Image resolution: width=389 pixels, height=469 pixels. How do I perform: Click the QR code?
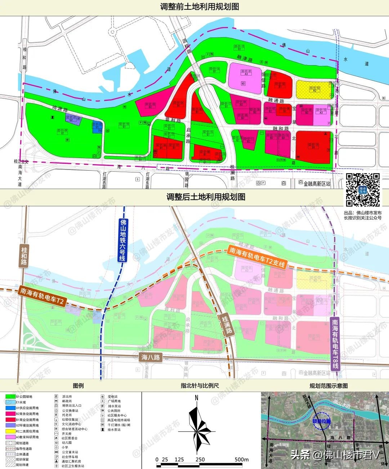pos(363,189)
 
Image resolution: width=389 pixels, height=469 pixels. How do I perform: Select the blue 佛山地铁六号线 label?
pos(123,240)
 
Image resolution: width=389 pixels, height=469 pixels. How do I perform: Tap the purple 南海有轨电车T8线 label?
pos(335,344)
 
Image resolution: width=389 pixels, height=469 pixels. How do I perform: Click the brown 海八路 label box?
pos(151,357)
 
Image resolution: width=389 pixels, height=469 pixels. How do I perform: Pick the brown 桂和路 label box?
pos(24,256)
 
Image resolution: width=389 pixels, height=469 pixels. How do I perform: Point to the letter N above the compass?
pos(196,398)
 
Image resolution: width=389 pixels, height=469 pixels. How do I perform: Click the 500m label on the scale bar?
pos(241,460)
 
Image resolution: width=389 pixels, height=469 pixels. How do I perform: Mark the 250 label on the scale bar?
pos(200,460)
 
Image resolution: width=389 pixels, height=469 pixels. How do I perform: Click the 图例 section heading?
pos(78,385)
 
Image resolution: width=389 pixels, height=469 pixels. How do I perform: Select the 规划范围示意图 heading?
pos(328,385)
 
